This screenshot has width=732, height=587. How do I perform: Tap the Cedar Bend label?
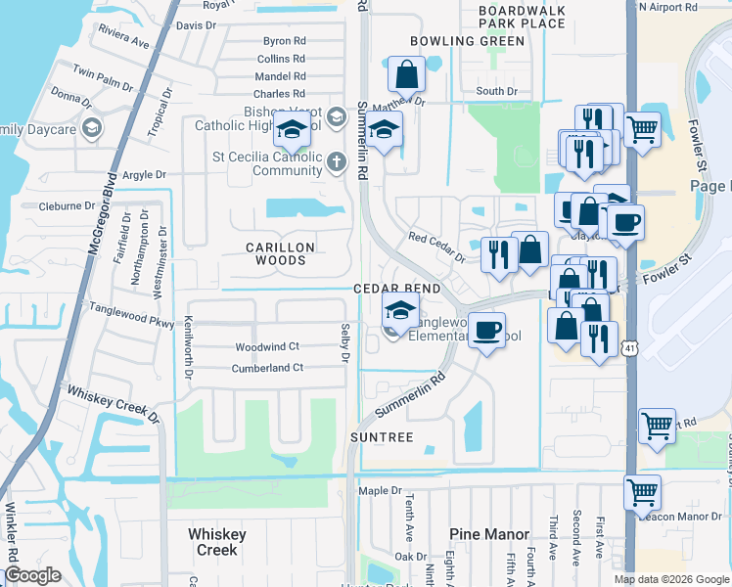tap(396, 290)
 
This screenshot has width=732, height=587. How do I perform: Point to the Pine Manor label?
tap(489, 534)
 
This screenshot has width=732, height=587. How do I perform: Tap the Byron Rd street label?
tap(285, 41)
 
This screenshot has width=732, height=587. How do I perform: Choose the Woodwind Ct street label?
tap(266, 347)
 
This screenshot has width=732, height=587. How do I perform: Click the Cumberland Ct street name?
tap(267, 368)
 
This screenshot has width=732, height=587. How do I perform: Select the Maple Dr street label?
tap(381, 490)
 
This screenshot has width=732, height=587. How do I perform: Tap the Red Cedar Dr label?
tap(436, 248)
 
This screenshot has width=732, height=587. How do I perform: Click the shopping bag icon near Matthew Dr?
tap(405, 73)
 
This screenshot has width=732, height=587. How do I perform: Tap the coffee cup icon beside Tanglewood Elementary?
tap(485, 330)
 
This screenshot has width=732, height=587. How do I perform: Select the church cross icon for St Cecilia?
tap(336, 161)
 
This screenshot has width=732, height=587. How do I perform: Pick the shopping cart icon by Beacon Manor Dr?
tap(642, 492)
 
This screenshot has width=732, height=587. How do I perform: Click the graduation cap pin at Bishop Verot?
tap(291, 128)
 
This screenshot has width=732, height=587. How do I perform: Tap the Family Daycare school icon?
tap(90, 128)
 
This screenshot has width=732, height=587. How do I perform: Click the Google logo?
tap(32, 575)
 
